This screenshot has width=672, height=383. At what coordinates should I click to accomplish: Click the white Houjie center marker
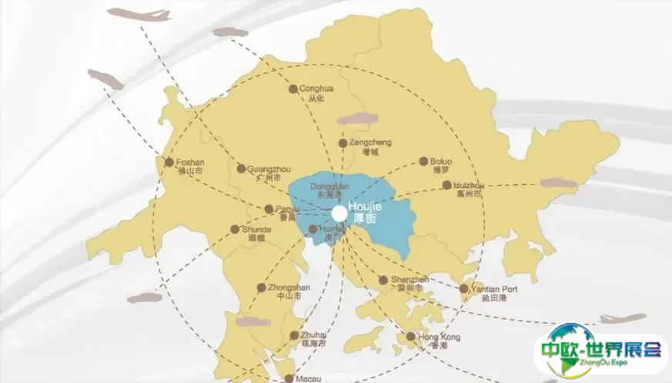coord(339,213)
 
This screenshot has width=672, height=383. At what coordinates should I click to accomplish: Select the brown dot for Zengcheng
coord(343,143)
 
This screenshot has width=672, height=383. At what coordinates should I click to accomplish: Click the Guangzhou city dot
coord(241,168)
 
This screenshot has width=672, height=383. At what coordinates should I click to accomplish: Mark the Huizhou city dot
coord(446,185)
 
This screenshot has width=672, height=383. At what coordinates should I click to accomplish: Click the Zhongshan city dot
coord(261,287)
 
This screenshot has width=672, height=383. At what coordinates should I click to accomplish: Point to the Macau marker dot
coord(289,378)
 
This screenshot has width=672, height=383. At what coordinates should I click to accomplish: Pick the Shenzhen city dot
coord(383,280)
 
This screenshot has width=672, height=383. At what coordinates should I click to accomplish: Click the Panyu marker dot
coord(269,209)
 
